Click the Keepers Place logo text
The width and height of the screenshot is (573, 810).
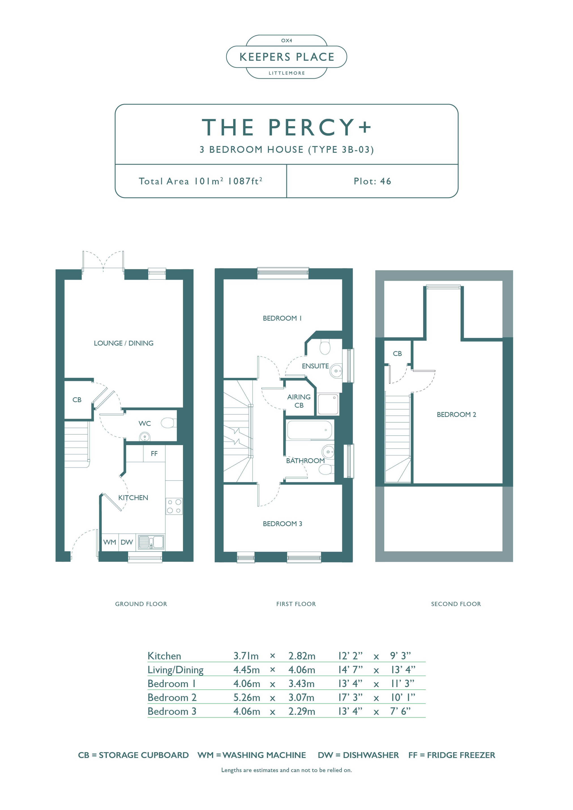click(287, 57)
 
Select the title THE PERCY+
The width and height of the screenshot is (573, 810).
click(286, 127)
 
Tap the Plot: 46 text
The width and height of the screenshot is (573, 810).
click(372, 181)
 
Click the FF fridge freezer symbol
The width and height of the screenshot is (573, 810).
click(154, 454)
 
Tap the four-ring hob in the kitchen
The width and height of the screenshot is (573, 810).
click(174, 506)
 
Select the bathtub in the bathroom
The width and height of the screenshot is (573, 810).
click(309, 430)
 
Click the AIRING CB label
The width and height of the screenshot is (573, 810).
click(299, 401)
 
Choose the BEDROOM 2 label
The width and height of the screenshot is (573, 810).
click(456, 415)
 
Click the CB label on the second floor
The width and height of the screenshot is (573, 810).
click(397, 353)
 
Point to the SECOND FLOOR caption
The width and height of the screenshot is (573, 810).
click(456, 604)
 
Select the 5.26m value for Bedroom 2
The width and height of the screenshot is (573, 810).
click(246, 697)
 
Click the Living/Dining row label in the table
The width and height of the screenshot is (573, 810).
click(175, 670)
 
